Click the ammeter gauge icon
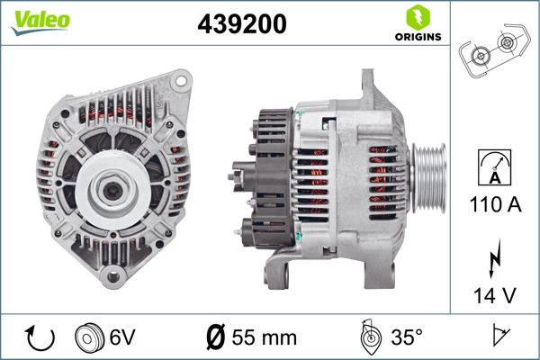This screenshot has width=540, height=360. pyautogui.click(x=492, y=167)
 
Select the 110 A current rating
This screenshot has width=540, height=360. pyautogui.click(x=492, y=205)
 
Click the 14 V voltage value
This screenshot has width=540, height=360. pyautogui.click(x=492, y=294)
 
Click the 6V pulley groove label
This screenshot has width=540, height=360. pyautogui.click(x=122, y=337)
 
